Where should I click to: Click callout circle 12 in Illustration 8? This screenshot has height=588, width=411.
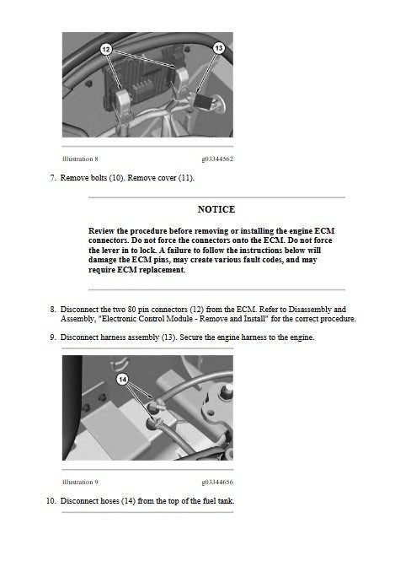pyautogui.click(x=106, y=50)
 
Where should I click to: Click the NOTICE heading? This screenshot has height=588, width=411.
pyautogui.click(x=216, y=209)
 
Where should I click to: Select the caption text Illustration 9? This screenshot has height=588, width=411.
pyautogui.click(x=80, y=482)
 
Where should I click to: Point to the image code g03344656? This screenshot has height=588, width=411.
pyautogui.click(x=217, y=482)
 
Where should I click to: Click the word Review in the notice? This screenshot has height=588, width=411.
pyautogui.click(x=103, y=230)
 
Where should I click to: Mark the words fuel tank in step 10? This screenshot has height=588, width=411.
pyautogui.click(x=216, y=501)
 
